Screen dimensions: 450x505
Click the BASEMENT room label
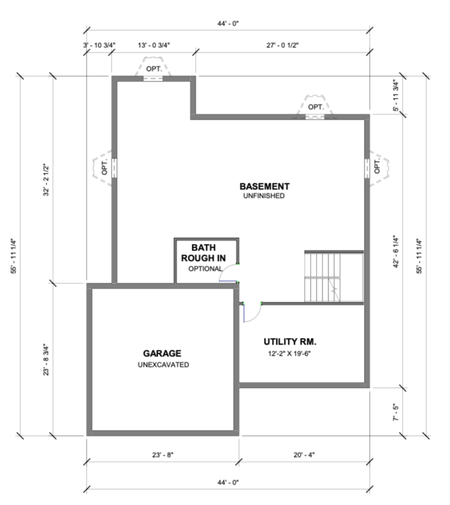coord(264,187)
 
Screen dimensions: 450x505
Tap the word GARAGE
coord(162,353)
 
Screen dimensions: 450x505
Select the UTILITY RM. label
coord(290,341)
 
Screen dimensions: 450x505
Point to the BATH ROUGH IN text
coord(203,252)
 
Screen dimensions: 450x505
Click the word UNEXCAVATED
coord(164,364)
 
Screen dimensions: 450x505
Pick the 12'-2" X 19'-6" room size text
coord(289,354)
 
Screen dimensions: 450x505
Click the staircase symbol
coord(334,276)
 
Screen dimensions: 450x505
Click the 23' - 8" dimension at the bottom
coord(163,455)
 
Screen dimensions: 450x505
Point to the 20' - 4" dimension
coord(304,455)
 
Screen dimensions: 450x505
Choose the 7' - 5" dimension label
coord(395,412)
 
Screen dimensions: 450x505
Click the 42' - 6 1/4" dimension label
coord(395,252)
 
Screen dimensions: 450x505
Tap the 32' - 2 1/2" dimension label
coord(47,180)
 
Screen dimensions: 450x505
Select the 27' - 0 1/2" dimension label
coord(282,45)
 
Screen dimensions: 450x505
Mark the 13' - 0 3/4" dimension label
coord(154,45)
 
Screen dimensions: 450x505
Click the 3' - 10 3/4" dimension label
coord(99,45)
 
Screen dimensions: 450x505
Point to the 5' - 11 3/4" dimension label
coord(395,95)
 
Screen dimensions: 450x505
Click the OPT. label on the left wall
coord(104,168)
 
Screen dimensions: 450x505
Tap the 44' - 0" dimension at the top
coord(228,24)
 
